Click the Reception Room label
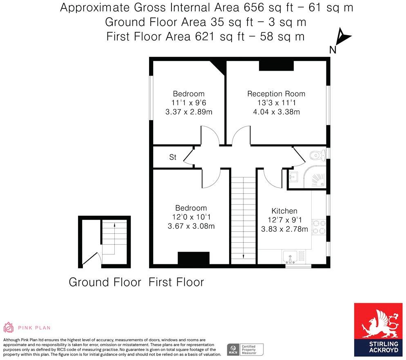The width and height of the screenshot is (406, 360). coord(276,94)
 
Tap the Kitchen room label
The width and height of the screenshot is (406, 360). coord(284,211)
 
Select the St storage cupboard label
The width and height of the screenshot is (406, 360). coord(173,157)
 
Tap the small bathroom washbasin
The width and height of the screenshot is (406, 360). coord(293,177)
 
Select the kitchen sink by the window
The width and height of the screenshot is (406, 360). coord(293,257)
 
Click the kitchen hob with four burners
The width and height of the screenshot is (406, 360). coord(318,227)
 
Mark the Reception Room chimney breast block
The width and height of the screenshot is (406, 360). coord(276,66)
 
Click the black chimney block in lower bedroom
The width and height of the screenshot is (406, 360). coord(194,258)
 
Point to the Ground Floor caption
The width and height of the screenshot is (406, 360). coord(105,282)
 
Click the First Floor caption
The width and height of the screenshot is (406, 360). coord(176,282)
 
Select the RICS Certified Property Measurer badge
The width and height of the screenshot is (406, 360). coord(245,349)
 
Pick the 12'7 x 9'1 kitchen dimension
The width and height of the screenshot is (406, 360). coord(284,220)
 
